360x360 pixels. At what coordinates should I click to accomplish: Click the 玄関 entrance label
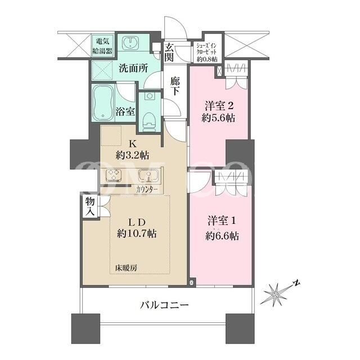click(x=169, y=52)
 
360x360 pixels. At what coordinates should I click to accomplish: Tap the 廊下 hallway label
click(x=175, y=86)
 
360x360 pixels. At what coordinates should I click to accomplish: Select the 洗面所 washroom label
click(x=133, y=68)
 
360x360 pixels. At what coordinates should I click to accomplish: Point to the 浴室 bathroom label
click(x=125, y=111)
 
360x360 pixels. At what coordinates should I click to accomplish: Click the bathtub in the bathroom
click(x=103, y=102)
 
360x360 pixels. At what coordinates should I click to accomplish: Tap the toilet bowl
click(x=150, y=121)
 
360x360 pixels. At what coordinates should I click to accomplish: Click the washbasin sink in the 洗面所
click(x=130, y=43)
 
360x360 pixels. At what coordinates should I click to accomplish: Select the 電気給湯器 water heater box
click(x=102, y=46)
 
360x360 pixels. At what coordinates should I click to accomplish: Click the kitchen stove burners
click(x=113, y=175)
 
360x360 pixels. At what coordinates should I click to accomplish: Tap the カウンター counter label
click(x=147, y=190)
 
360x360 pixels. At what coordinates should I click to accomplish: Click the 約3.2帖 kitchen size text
click(x=133, y=156)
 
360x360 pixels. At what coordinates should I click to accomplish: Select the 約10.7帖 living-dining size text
click(x=137, y=234)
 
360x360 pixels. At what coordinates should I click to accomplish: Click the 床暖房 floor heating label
click(x=127, y=268)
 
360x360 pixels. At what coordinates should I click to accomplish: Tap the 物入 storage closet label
click(x=90, y=206)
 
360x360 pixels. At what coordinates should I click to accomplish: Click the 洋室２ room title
click(x=219, y=106)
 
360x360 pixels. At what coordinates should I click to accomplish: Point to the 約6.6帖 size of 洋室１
click(x=222, y=236)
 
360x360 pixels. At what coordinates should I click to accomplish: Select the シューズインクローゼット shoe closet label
click(x=206, y=52)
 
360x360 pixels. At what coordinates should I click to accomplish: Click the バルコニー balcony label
click(x=165, y=305)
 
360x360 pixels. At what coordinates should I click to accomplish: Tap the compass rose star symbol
click(x=275, y=294)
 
